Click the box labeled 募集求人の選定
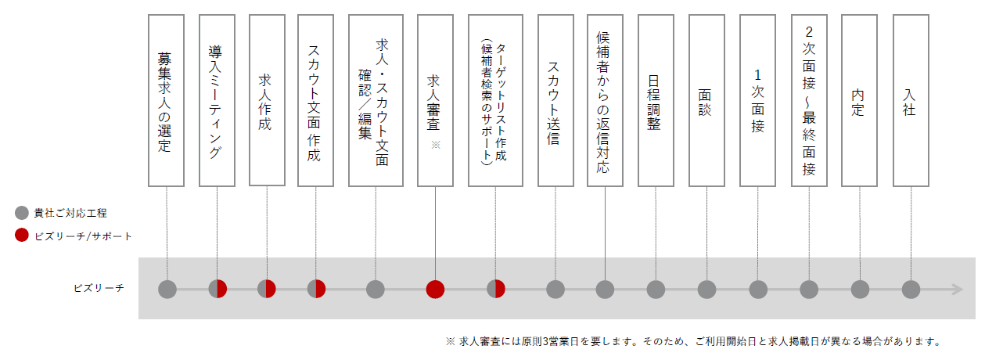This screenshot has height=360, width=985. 166,100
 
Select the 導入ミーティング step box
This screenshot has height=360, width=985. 217,100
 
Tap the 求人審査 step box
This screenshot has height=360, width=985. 435,100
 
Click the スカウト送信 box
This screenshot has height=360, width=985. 555,100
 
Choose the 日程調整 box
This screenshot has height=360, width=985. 656,100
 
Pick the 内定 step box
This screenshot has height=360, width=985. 859,100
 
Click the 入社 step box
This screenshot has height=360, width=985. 911,100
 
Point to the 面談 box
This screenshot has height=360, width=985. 706,100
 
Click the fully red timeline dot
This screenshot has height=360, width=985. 435,290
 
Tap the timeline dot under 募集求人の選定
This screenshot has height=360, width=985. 167,290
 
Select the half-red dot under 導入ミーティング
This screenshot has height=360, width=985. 217,290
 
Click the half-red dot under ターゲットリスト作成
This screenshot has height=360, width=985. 496,290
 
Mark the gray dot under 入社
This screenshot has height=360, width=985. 911,290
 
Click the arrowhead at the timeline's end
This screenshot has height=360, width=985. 958,290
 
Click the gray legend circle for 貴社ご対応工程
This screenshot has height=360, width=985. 22,213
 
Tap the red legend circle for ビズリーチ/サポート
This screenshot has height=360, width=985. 22,236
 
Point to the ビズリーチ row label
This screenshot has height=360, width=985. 99,288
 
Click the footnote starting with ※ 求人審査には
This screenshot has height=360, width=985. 693,341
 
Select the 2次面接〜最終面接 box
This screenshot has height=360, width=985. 809,100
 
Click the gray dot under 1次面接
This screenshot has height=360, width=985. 758,290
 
